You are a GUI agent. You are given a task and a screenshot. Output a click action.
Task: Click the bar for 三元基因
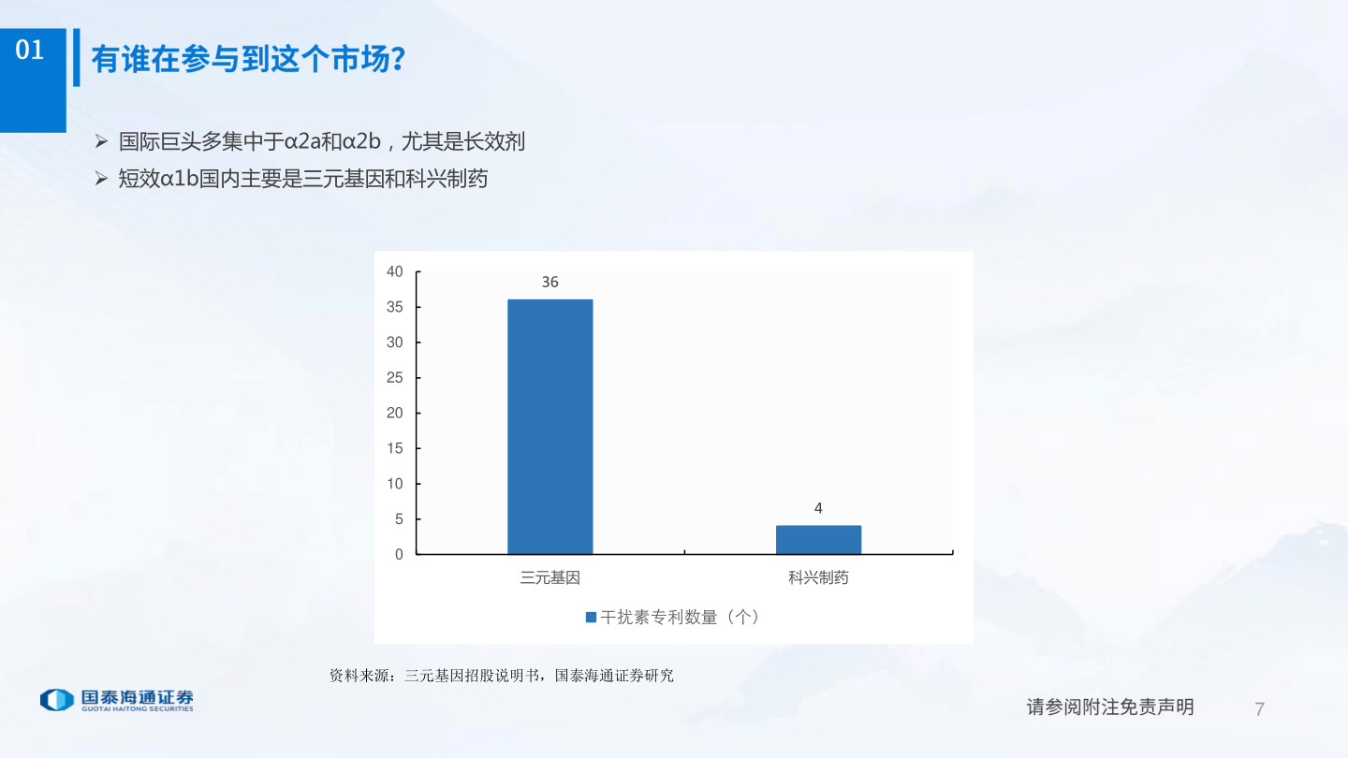coord(549,427)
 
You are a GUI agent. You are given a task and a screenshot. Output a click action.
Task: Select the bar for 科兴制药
coord(818,539)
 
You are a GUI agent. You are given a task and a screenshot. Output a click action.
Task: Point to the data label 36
coord(550,282)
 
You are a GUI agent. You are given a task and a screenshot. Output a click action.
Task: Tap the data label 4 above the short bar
coord(818,508)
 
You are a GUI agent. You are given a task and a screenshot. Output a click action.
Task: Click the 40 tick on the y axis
coord(395,272)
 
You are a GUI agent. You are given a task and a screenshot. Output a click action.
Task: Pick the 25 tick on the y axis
coord(395,378)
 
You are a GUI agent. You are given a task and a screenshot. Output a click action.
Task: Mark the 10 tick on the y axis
coord(395,484)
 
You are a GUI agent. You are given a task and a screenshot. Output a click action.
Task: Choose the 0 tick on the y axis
coord(399,554)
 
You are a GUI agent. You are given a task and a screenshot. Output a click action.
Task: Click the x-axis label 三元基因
coord(550,578)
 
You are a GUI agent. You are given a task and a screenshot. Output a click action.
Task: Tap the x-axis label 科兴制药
coord(818,578)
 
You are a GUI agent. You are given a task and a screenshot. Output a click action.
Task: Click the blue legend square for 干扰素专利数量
coord(591,618)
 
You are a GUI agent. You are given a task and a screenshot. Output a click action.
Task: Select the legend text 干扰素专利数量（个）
coord(680,618)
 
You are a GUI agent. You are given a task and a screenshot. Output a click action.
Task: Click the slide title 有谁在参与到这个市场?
coord(248,60)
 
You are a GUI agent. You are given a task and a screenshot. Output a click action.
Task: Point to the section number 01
coord(30,51)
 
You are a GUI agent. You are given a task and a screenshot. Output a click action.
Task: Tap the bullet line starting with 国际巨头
coord(321,142)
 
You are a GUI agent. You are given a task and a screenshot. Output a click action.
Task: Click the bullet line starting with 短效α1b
coord(302,179)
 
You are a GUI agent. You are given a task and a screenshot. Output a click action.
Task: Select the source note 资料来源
coord(501,675)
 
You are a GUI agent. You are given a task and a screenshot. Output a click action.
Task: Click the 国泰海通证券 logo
coord(117,700)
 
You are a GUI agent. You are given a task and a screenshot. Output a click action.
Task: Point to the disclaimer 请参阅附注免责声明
coord(1110,707)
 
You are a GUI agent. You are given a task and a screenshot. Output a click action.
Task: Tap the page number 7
coord(1259,708)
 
